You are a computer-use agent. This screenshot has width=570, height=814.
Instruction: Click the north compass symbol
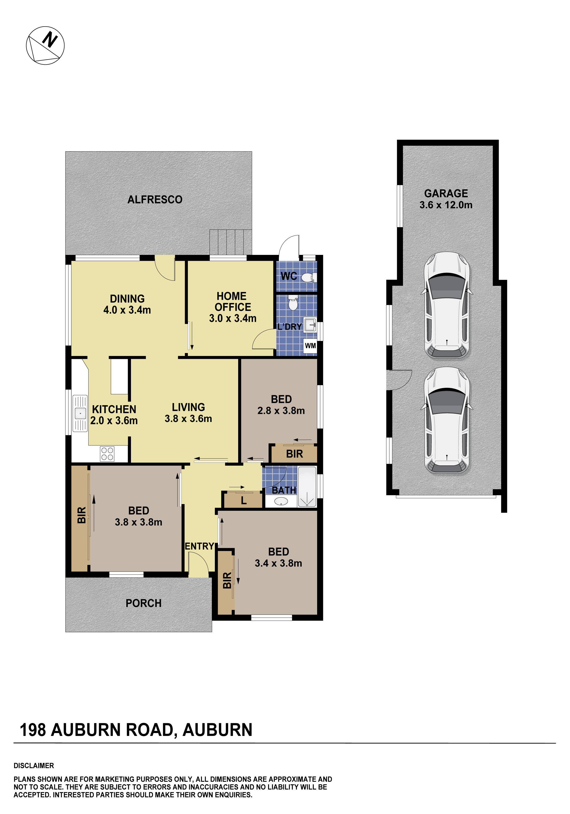45,45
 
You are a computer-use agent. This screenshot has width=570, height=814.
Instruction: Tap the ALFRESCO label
155,200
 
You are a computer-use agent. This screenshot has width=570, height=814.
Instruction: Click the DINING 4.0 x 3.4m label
127,304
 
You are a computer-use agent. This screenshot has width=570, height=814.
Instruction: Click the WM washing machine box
310,346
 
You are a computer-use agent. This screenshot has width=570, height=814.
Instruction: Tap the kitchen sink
80,413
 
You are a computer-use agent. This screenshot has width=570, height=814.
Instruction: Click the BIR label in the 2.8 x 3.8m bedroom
294,454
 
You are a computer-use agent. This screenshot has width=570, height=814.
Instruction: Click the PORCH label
143,604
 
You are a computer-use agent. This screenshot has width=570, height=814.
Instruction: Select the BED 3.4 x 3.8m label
278,557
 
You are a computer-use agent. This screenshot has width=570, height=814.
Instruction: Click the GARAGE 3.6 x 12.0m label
446,199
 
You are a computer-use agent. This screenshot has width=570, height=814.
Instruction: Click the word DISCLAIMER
34,766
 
